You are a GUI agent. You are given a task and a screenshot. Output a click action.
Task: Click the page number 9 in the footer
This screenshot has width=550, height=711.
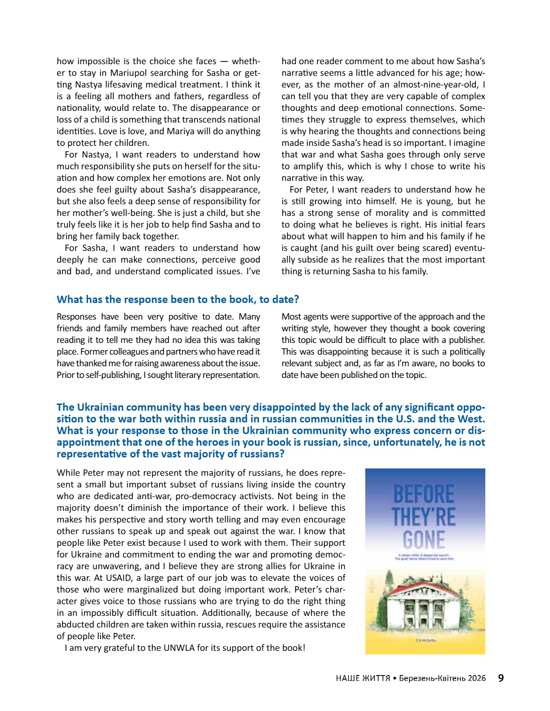click(x=501, y=678)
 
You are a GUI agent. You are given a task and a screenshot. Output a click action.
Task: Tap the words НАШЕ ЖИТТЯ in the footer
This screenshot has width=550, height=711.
click(x=362, y=678)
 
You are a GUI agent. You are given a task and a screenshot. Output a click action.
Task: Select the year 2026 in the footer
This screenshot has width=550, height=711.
click(x=476, y=678)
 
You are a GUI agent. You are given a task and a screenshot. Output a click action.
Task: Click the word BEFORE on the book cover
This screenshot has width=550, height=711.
click(x=424, y=495)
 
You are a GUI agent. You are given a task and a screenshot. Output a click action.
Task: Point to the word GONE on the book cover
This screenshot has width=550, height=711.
click(x=424, y=540)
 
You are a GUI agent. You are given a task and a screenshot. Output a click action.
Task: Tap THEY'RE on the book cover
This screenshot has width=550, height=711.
click(x=424, y=517)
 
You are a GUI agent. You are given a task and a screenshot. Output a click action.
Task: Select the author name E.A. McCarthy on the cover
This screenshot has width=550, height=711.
click(x=425, y=641)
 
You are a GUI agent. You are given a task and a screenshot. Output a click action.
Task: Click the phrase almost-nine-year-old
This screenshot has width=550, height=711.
click(x=433, y=84)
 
